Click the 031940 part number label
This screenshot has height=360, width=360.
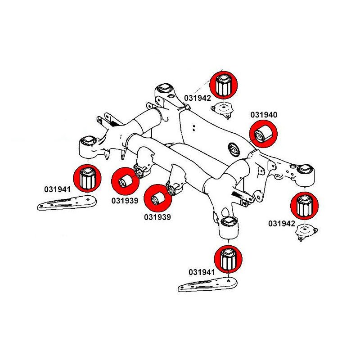point(265,115)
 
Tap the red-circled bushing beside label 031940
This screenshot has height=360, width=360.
point(263,134)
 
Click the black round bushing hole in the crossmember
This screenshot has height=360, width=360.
point(233,148)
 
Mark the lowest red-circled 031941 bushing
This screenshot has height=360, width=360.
point(228,260)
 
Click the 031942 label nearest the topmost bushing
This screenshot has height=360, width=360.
point(198,97)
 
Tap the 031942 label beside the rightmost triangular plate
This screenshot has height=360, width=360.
point(282,223)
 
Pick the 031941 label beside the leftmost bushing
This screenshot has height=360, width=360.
point(57,189)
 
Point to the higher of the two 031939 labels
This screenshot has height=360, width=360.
point(124,200)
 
